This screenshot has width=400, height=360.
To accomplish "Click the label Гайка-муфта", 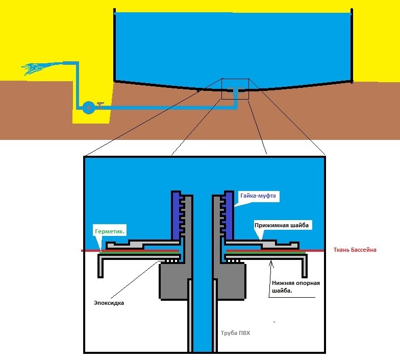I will pyautogui.click(x=258, y=195).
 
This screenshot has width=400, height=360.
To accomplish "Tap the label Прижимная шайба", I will pyautogui.click(x=281, y=225).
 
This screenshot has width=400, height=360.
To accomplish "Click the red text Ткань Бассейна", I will pyautogui.click(x=356, y=250).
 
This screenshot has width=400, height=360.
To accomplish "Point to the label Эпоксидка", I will pyautogui.click(x=109, y=303).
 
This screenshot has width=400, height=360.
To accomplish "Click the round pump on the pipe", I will pyautogui.click(x=88, y=108).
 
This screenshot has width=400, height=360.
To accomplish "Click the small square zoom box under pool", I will pyautogui.click(x=235, y=88).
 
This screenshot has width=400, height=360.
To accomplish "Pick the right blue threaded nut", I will pyautogui.click(x=228, y=214).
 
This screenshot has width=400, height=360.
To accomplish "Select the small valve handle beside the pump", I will pyautogui.click(x=101, y=104).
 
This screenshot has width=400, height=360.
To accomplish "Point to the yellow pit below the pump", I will pyautogui.click(x=92, y=119).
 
